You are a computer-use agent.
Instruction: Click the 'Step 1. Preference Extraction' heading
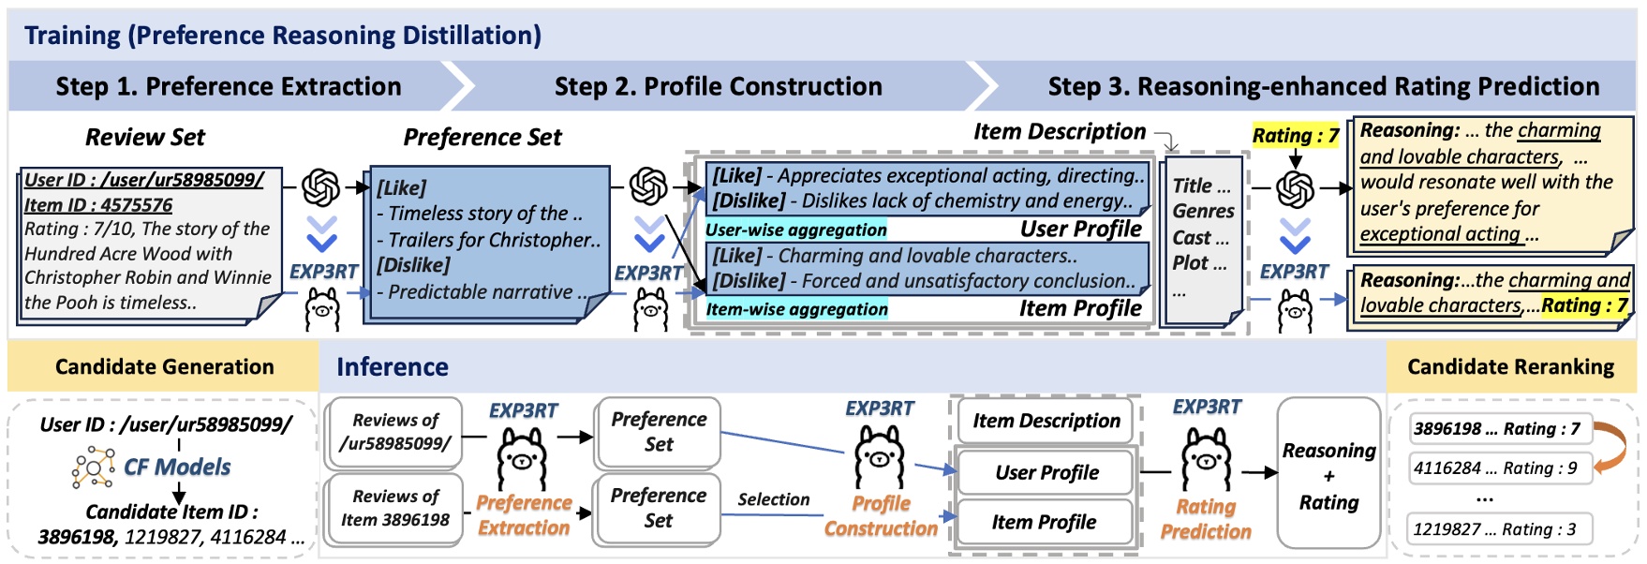229,86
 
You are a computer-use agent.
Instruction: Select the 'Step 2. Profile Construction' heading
718,86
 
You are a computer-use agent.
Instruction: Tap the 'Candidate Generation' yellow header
164,366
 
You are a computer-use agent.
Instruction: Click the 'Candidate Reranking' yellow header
1510,366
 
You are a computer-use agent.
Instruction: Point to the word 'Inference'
392,366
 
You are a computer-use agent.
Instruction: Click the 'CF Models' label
176,466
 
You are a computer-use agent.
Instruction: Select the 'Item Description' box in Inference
1046,421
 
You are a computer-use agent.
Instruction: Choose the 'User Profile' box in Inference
1046,472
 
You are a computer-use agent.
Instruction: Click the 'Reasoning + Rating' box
1328,475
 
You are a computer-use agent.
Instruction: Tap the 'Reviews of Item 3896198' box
394,508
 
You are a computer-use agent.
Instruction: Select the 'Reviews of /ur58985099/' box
394,432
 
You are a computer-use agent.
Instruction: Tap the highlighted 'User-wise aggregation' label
795,230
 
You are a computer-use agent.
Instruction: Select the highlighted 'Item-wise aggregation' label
796,309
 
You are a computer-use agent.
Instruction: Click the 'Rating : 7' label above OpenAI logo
1295,136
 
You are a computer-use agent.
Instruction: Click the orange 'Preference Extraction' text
524,515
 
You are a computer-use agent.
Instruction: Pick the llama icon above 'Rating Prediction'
1206,458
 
